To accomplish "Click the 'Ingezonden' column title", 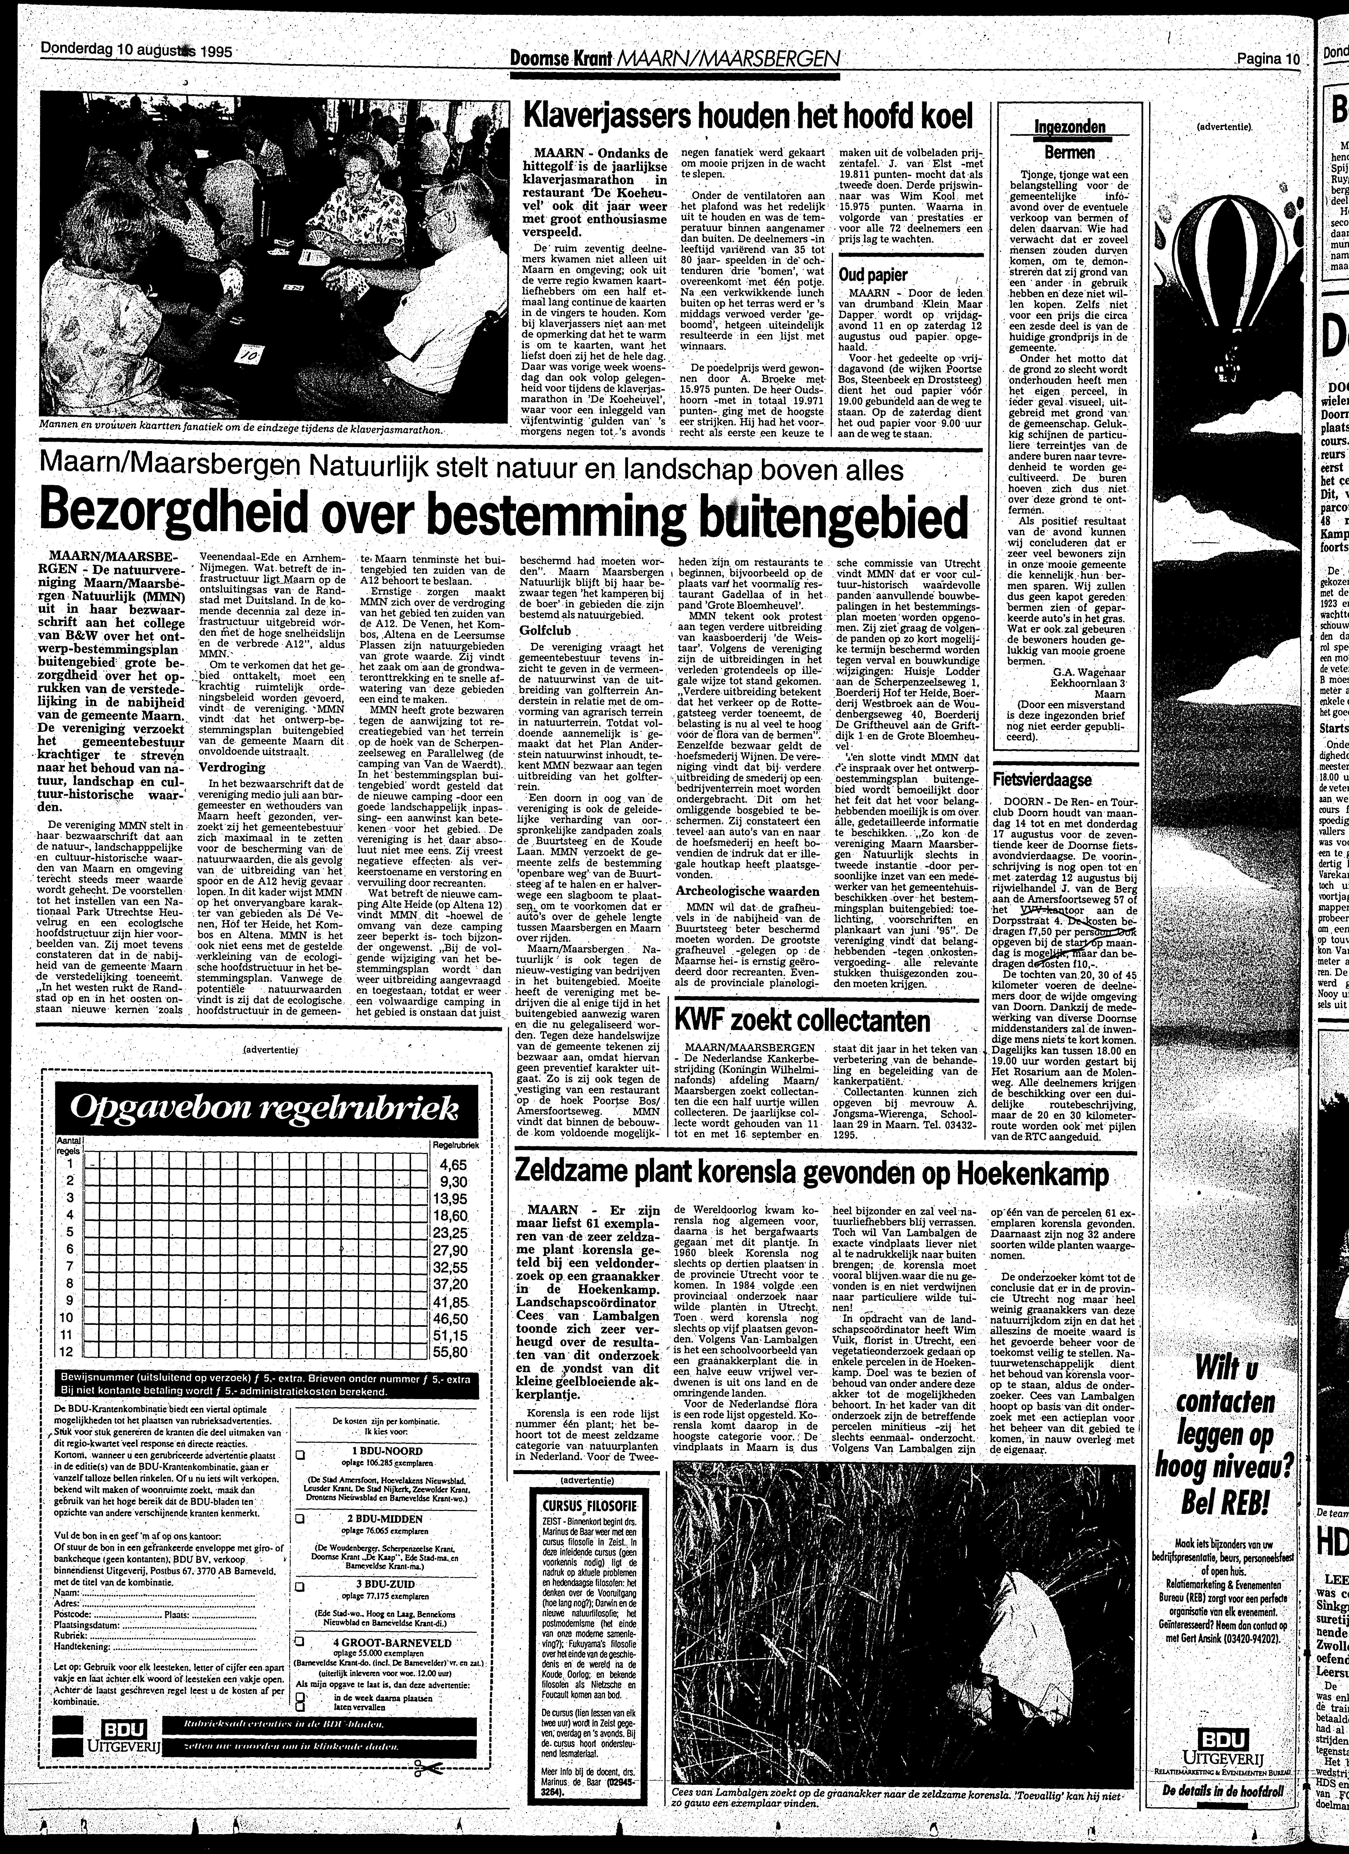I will [x=1070, y=127].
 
